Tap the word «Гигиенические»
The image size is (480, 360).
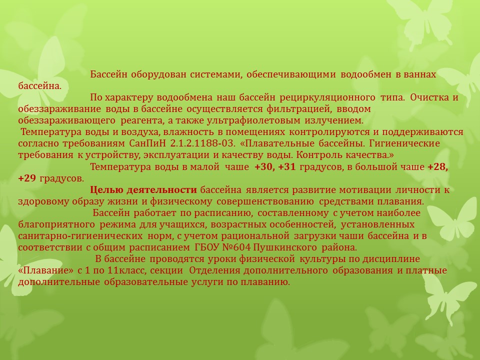pyautogui.click(x=404, y=143)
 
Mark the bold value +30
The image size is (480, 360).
pyautogui.click(x=265, y=167)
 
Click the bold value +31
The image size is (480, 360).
pyautogui.click(x=287, y=167)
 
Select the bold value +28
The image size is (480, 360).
pyautogui.click(x=438, y=167)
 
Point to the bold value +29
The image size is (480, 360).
pyautogui.click(x=27, y=178)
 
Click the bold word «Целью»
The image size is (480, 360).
pyautogui.click(x=105, y=190)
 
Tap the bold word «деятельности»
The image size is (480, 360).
pyautogui.click(x=161, y=190)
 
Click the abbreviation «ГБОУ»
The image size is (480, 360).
pyautogui.click(x=206, y=247)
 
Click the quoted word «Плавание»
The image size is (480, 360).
pyautogui.click(x=46, y=270)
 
